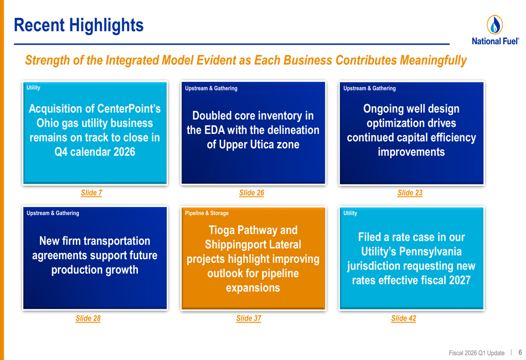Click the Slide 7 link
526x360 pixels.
click(x=92, y=193)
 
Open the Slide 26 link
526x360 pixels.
click(x=251, y=193)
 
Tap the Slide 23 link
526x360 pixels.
click(x=410, y=193)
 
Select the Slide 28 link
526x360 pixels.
click(x=88, y=318)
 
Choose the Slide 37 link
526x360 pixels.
click(x=248, y=318)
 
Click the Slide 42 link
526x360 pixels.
click(x=403, y=318)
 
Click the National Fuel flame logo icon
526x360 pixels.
click(x=494, y=25)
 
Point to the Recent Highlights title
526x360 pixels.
click(x=78, y=25)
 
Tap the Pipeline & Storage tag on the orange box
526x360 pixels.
click(x=207, y=213)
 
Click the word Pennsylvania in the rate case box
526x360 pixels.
click(x=430, y=251)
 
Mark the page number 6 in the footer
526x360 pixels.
click(x=520, y=353)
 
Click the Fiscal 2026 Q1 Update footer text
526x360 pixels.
click(x=477, y=353)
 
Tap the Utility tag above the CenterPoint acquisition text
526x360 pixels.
click(x=33, y=88)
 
